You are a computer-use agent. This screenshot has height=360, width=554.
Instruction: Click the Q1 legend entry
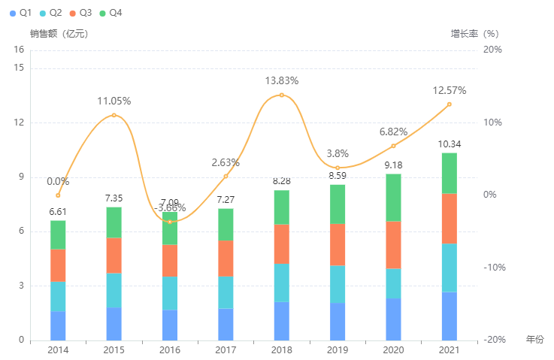coord(20,14)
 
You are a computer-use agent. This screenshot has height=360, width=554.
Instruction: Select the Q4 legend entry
coord(110,14)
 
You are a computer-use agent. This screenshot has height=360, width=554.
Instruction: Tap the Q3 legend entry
coord(80,14)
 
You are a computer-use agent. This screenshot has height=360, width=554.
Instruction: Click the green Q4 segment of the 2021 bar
coord(450,173)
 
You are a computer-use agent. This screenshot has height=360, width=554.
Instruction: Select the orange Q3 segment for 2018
coord(282,244)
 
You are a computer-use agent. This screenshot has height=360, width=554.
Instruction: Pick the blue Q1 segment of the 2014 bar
coord(58,325)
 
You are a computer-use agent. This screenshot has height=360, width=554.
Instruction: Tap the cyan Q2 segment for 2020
coord(393,283)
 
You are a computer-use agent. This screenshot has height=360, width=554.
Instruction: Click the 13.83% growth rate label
coord(282,80)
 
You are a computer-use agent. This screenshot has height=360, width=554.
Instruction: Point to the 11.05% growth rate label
coord(114,101)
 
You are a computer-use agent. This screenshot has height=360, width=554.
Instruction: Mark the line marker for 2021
coord(450,104)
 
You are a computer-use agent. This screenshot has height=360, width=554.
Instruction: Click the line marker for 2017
coord(226,176)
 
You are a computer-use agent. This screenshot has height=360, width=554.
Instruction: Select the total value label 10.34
coord(450,144)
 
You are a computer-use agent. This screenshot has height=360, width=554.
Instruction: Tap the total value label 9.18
coord(393,165)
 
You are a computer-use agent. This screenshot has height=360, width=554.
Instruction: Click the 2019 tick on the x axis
coord(338,350)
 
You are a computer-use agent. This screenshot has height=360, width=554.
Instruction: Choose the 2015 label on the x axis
coord(114,350)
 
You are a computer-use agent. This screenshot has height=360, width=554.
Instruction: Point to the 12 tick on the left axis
coord(20,123)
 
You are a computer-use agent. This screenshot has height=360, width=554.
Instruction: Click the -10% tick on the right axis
coord(492,268)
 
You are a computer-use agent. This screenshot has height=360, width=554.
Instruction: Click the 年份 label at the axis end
coord(534,340)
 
